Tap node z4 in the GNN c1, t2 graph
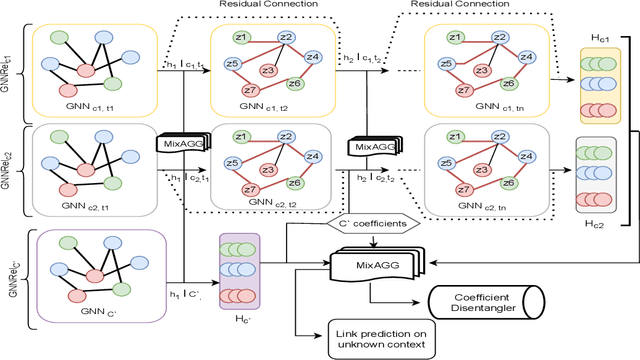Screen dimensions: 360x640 coord(312,58)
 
